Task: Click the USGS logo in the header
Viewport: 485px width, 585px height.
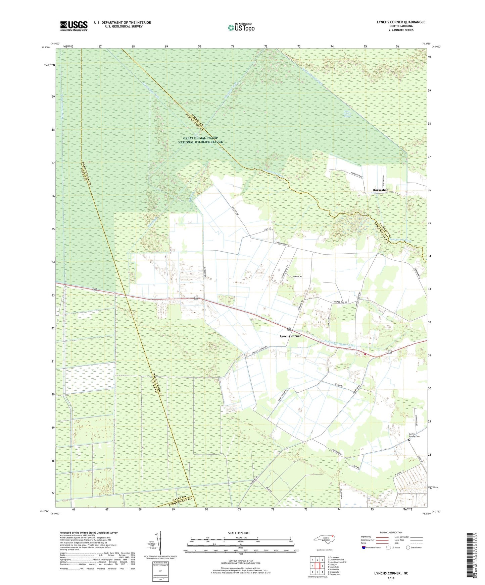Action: [x=74, y=26]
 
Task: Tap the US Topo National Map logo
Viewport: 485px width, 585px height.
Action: [x=241, y=27]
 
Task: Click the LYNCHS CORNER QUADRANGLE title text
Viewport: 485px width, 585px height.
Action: [x=401, y=22]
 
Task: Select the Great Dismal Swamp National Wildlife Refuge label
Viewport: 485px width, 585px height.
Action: [x=200, y=140]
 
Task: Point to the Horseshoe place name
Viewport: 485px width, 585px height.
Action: [x=380, y=190]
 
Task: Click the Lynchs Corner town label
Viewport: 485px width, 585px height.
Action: [x=290, y=336]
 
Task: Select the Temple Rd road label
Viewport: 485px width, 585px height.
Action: [x=297, y=276]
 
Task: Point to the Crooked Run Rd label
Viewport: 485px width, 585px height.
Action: [x=339, y=302]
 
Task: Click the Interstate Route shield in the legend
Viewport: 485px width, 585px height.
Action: [x=364, y=548]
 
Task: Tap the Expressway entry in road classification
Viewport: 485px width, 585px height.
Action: [x=367, y=537]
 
